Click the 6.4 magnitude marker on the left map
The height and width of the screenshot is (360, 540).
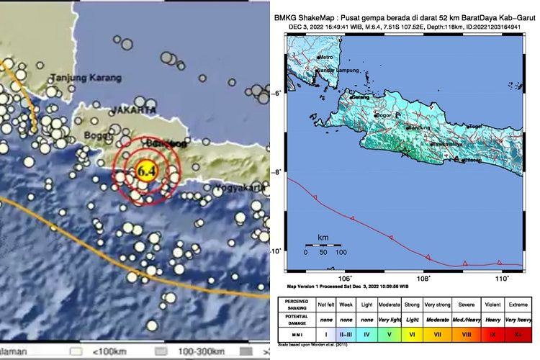(147, 171)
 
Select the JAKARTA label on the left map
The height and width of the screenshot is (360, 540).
(133, 110)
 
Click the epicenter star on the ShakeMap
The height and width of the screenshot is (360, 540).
(406, 153)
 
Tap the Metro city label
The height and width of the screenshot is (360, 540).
(328, 57)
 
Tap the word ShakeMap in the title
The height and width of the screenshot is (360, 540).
(320, 16)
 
